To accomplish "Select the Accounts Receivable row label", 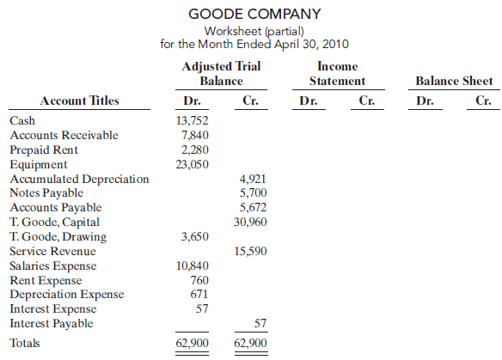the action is point(64,135).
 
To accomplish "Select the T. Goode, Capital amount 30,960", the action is point(250,222).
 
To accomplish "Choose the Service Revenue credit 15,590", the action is point(250,252).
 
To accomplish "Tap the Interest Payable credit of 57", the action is point(260,324).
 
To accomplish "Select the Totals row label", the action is point(25,343).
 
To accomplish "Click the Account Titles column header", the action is point(79,101).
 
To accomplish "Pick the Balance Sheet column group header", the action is point(454,82).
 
